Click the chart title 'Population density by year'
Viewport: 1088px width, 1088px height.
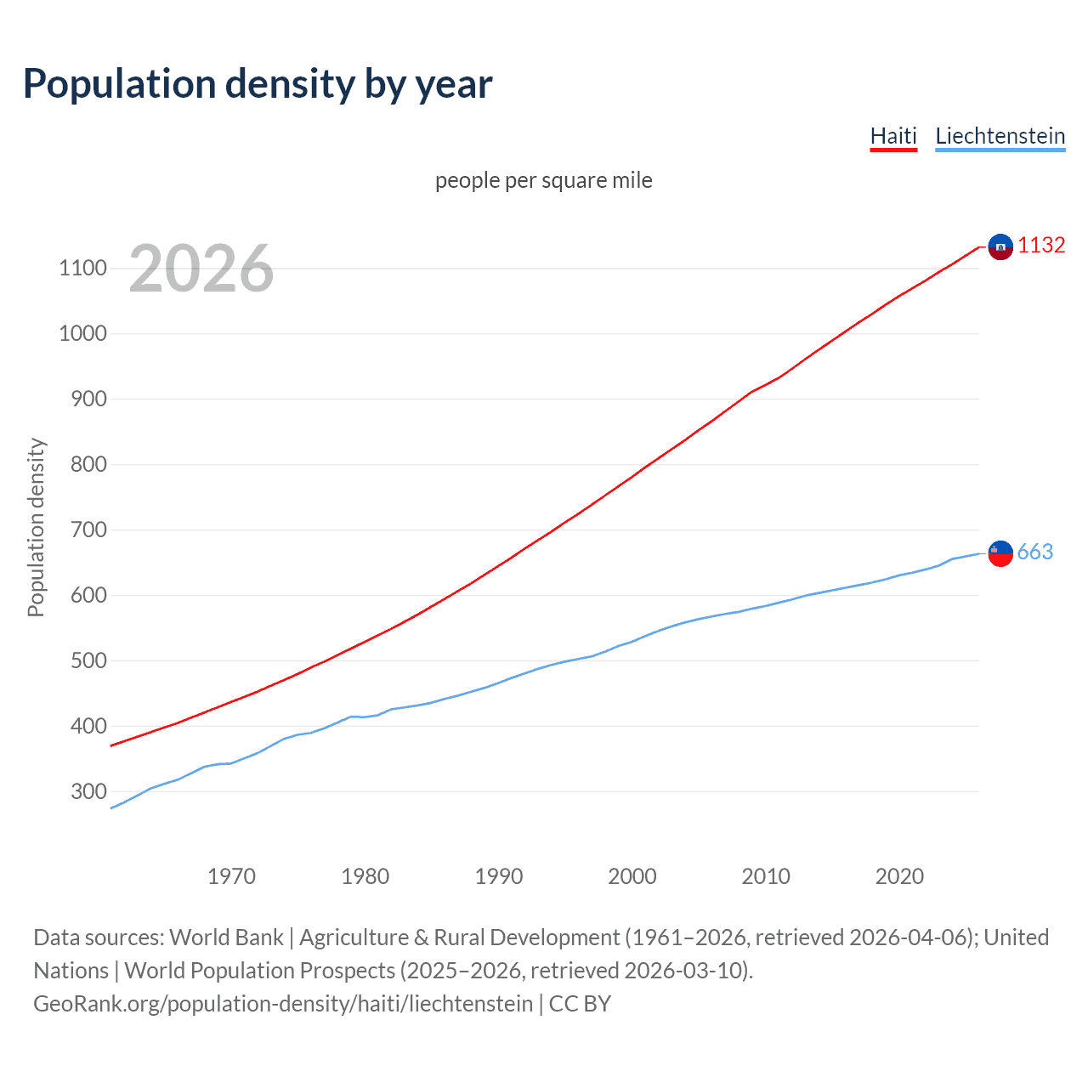point(258,84)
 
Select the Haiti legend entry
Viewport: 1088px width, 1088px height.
point(893,136)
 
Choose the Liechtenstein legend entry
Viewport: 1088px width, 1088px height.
point(1000,136)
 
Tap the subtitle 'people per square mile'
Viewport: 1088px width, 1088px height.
point(543,180)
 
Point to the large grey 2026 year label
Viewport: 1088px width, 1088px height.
point(201,269)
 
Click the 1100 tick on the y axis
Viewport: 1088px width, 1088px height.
point(82,269)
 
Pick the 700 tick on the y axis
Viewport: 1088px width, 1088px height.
point(88,530)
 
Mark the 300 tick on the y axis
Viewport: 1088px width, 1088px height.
point(88,791)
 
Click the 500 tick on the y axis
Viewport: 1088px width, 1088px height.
point(88,660)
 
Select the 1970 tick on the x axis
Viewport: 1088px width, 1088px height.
point(231,876)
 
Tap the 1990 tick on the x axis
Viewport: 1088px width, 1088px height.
point(499,876)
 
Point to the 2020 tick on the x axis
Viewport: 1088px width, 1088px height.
point(899,876)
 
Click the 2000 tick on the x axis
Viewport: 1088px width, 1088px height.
point(632,876)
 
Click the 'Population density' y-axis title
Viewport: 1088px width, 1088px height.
point(36,527)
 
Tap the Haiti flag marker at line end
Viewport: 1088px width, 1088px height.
point(1000,246)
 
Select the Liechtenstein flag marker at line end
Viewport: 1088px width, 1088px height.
point(1000,553)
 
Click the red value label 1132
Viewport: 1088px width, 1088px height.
point(1041,245)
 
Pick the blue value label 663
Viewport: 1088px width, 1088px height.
point(1035,552)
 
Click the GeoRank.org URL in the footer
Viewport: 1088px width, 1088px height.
point(283,1004)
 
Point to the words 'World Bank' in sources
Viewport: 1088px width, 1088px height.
point(226,938)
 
